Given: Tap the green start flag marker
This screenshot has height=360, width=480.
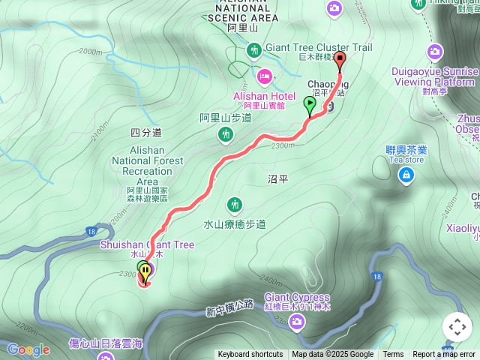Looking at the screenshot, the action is (310, 104).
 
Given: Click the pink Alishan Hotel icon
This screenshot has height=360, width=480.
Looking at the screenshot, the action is (265, 76).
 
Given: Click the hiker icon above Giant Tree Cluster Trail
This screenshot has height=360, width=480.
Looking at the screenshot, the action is (254, 50).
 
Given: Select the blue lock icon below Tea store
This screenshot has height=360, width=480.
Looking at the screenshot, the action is (406, 175).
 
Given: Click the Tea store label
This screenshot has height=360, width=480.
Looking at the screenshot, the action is (405, 159).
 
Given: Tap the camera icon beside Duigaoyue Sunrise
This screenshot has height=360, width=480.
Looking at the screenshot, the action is (434, 52).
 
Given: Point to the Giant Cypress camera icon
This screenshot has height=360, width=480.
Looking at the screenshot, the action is (298, 322).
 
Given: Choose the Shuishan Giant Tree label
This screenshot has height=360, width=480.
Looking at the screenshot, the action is (147, 244).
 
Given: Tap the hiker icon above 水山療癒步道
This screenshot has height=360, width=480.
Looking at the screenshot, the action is (234, 204).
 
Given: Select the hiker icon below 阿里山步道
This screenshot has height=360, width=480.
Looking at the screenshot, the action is (225, 135).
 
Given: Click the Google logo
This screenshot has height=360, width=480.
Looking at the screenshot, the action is (28, 349).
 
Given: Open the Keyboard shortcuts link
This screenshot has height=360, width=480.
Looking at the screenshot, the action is (250, 355).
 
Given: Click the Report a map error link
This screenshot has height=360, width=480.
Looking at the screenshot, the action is (445, 355).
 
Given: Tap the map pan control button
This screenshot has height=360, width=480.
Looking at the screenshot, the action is (457, 327).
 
